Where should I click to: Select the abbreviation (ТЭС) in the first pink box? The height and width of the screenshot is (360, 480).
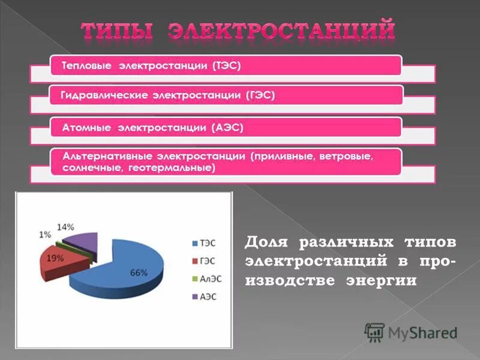coord(226,65)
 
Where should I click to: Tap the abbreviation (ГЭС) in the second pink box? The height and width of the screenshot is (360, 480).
coord(260,95)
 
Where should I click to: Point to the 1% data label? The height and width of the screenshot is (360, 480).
coord(45,235)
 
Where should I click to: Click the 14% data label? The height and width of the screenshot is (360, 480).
coord(66,227)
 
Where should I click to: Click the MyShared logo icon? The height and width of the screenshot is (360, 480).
coord(374,332)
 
